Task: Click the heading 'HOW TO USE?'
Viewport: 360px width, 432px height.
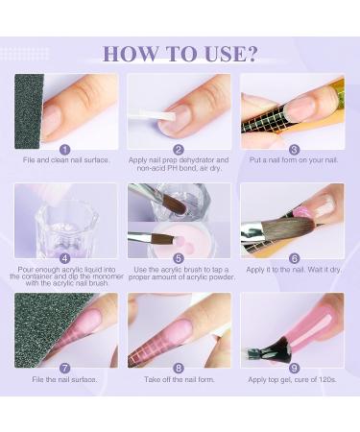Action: [x=180, y=54]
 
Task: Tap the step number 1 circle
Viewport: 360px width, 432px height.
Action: [x=65, y=149]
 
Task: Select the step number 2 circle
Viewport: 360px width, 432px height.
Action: [x=179, y=149]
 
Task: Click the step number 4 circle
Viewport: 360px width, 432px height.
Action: [x=65, y=258]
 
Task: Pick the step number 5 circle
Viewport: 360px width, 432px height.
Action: [x=179, y=258]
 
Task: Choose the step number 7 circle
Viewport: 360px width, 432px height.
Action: [x=65, y=368]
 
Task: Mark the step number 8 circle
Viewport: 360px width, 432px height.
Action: [x=179, y=368]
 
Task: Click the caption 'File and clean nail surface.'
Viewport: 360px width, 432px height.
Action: [x=65, y=160]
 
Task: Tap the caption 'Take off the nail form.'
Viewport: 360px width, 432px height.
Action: [x=179, y=381]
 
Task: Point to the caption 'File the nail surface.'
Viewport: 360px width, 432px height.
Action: [x=65, y=381]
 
